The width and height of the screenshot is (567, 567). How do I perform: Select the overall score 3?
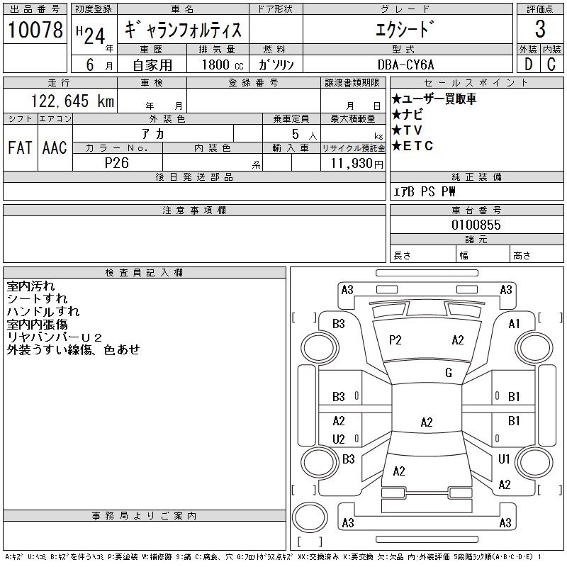[x=540, y=30]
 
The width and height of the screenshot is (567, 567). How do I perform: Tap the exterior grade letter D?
[x=528, y=64]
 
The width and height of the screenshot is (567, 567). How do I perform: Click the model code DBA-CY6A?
[x=408, y=64]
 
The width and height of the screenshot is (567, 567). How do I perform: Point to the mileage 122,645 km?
[x=71, y=101]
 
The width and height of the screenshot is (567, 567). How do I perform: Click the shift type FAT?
[x=20, y=147]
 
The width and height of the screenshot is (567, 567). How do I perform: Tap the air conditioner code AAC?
[x=55, y=147]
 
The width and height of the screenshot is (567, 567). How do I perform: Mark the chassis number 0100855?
[x=476, y=225]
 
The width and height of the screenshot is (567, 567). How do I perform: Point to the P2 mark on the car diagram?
[x=395, y=340]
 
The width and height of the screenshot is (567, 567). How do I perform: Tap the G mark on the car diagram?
[x=449, y=373]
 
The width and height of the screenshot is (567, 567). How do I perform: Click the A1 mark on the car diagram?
[x=515, y=324]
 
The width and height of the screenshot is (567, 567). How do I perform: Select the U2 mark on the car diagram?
[x=339, y=439]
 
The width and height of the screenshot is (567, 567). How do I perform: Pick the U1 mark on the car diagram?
[x=505, y=459]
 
